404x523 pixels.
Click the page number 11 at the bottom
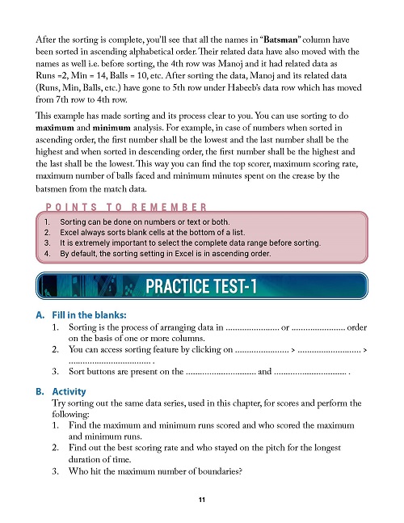(x=202, y=500)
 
